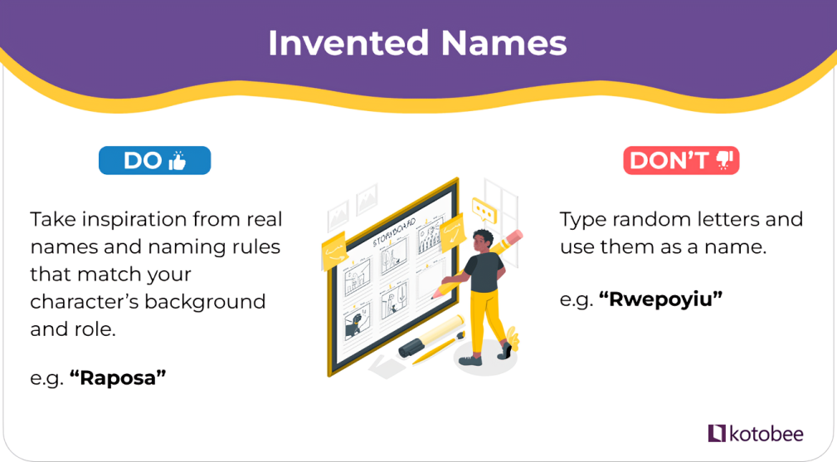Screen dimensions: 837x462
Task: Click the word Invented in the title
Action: coord(348,42)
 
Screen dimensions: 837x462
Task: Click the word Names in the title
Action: coord(504,42)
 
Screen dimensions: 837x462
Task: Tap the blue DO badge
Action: coord(155,160)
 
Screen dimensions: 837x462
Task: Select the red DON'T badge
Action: coord(681,160)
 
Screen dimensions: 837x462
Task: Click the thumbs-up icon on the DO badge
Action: coord(178,160)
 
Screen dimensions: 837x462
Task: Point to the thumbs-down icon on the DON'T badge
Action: coord(724,160)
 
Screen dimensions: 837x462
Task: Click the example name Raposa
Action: coord(118,377)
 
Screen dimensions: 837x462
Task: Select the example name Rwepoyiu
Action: coord(661,299)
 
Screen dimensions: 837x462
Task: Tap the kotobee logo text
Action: coord(766,434)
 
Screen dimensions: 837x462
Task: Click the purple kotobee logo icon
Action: coord(717,433)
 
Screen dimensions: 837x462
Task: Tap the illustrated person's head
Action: coord(483,241)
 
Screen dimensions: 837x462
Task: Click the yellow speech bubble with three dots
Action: coord(484,211)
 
